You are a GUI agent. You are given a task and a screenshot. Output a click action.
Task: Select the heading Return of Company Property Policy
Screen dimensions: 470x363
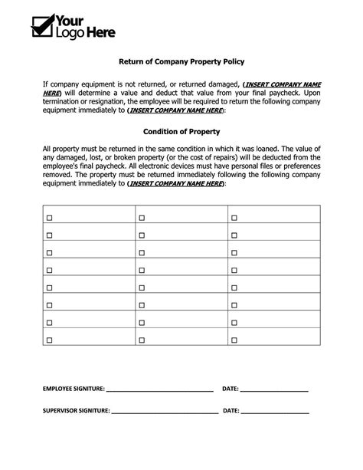click(181, 60)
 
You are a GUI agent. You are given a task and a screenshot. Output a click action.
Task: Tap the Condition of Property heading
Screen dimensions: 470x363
click(181, 131)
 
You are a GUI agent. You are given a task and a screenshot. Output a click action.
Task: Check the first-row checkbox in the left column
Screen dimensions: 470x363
click(50, 219)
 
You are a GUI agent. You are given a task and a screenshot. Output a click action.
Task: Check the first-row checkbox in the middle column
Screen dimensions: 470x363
click(142, 219)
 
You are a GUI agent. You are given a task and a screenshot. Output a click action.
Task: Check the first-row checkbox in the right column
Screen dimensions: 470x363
click(234, 219)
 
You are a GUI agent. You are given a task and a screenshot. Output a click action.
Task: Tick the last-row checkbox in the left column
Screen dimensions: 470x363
click(50, 339)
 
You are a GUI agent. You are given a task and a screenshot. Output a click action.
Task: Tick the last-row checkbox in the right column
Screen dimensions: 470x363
click(234, 339)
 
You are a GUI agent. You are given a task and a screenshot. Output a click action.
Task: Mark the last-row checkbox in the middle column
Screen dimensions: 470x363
click(142, 339)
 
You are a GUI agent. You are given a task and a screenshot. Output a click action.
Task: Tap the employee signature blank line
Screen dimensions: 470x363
click(159, 391)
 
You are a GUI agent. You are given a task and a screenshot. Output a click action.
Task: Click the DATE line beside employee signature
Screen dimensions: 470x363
click(274, 391)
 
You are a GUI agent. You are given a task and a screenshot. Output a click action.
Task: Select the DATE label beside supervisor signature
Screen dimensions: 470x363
click(231, 411)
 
